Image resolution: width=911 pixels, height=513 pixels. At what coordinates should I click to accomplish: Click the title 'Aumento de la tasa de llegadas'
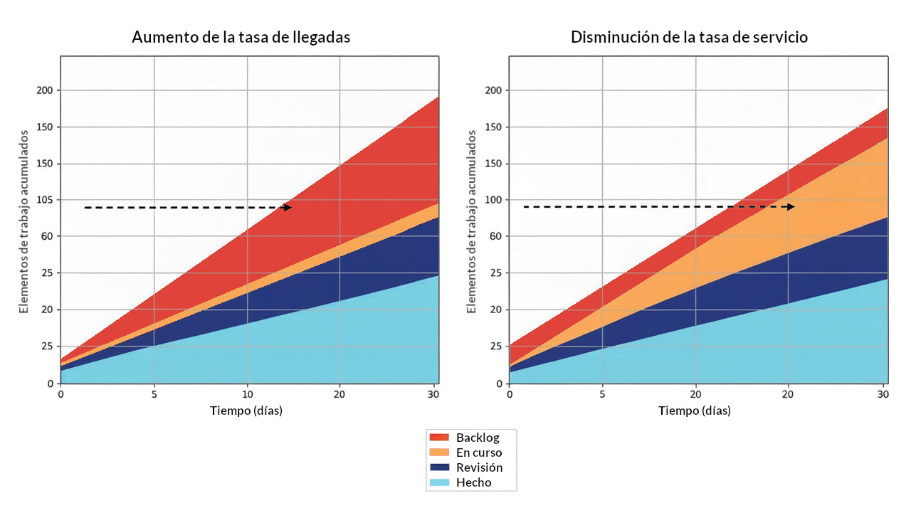[x=241, y=38]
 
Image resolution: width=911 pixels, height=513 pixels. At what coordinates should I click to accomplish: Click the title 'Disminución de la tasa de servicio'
[x=689, y=38]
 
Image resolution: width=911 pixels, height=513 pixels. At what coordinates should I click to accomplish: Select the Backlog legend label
[x=478, y=438]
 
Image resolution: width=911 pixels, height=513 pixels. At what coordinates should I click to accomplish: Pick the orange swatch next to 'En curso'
[x=439, y=453]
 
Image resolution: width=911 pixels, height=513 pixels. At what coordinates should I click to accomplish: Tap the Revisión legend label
[x=479, y=467]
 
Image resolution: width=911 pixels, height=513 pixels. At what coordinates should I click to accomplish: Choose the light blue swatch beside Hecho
[x=439, y=482]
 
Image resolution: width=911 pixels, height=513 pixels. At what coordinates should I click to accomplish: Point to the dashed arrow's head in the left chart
[x=288, y=208]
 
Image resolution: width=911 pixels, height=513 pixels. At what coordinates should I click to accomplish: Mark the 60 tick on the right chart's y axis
[x=495, y=236]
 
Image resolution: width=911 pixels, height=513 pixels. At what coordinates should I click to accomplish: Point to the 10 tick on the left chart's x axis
[x=247, y=393]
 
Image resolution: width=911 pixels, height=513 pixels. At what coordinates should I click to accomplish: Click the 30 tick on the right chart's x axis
[x=883, y=393]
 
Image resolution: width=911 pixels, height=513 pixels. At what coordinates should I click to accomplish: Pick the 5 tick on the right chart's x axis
[x=602, y=393]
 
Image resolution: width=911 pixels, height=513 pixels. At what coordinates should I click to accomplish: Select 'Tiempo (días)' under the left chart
[x=246, y=411]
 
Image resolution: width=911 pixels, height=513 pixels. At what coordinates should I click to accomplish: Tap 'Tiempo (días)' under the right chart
[x=694, y=411]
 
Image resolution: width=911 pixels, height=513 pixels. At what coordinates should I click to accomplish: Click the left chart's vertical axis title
[x=23, y=221]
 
